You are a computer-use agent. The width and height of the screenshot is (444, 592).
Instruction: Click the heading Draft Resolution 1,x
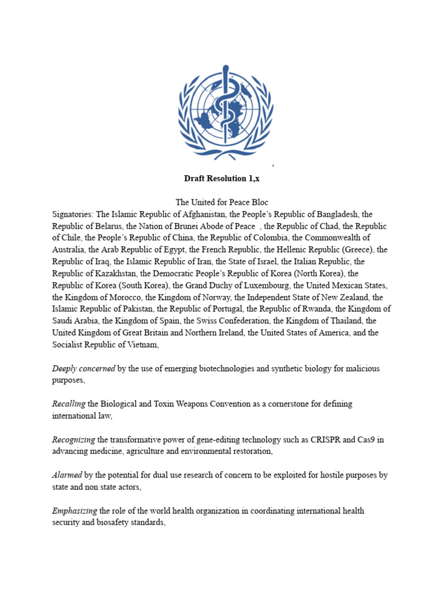tap(222, 179)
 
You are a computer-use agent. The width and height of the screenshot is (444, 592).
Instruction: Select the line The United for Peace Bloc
tap(222, 202)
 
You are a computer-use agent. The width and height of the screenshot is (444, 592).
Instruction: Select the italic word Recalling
tap(69, 404)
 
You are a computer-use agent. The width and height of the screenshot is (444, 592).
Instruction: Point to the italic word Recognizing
tap(72, 440)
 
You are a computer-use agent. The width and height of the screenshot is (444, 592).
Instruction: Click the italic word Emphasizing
tap(75, 511)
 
